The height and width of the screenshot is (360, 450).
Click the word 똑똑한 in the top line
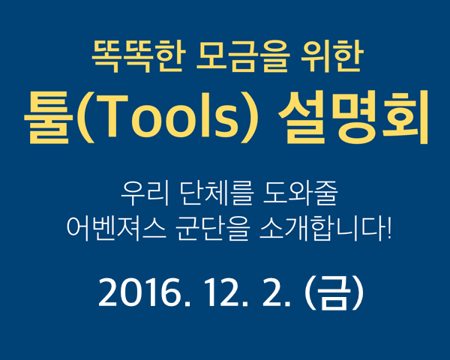(137, 55)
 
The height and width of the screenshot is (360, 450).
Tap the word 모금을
(242, 55)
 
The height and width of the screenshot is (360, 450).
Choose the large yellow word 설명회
(353, 118)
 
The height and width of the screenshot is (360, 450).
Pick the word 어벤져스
(116, 228)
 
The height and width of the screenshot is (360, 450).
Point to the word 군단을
(211, 228)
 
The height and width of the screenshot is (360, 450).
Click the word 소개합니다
(322, 228)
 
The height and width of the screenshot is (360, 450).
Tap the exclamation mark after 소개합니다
(388, 228)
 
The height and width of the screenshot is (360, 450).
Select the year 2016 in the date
(141, 292)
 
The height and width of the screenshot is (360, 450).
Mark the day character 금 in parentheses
(334, 292)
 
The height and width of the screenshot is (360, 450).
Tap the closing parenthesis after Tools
(248, 118)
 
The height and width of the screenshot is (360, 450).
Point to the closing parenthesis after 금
(358, 292)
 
